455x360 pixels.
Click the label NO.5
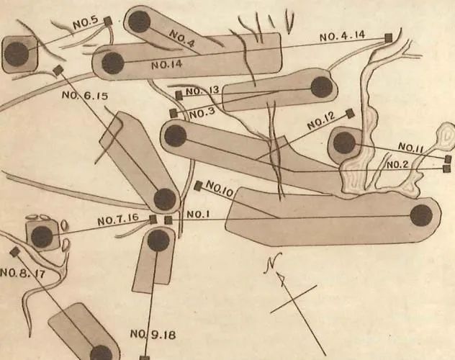point(86,24)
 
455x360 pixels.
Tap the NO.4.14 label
point(343,36)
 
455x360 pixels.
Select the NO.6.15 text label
point(85,95)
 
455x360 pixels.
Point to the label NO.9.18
point(153,335)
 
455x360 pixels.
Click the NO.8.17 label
point(22,273)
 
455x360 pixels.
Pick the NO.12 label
point(321,121)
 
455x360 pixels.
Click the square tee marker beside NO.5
point(108,21)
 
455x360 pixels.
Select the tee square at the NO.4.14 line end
point(388,37)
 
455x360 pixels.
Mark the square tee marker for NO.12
point(350,114)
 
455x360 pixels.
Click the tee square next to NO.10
point(198,186)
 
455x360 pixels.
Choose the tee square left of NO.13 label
point(179,96)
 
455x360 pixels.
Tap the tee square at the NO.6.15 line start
point(58,70)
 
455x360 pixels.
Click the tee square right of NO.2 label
point(447,168)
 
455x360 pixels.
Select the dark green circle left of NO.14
point(113,63)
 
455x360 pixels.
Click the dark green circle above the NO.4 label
point(139,22)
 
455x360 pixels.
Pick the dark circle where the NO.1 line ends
point(421,216)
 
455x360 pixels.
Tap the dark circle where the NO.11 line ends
point(344,143)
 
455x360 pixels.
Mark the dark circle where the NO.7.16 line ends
point(42,237)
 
